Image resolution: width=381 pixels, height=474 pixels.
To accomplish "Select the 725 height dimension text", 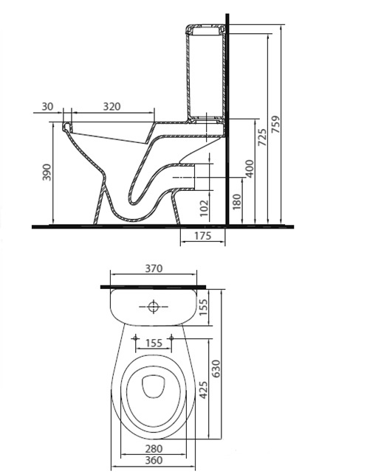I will pos(261,139).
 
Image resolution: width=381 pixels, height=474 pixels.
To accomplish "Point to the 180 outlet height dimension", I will pos(236,202).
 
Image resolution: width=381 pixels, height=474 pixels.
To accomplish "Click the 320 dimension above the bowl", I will pos(111,107).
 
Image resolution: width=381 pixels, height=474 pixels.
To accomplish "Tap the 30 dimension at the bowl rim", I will pos(48,107).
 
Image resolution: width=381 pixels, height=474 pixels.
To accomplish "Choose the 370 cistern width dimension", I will pos(154,269).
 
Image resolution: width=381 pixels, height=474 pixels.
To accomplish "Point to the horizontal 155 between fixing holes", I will pos(154,343).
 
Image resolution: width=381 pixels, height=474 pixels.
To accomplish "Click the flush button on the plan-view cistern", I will pos(154,304).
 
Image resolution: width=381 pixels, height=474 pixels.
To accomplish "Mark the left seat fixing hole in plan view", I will pos(135,338).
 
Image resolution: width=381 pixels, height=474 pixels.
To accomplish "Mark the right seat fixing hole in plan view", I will pos(172,338).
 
